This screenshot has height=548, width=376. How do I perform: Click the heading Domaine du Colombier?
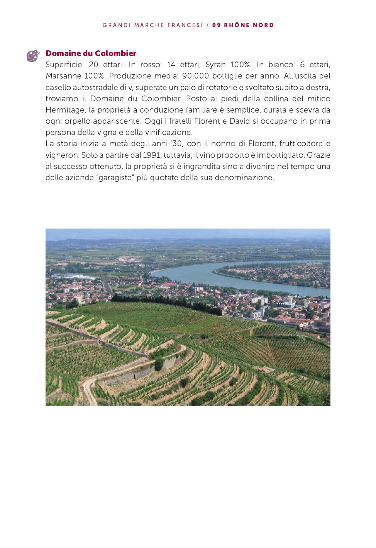(91, 53)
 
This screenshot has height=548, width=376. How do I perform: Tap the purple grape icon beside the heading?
(33, 55)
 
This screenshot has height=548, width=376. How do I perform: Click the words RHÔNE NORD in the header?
(249, 25)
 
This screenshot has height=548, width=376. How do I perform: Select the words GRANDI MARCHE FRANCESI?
(153, 25)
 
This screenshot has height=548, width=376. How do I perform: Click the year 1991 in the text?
(152, 155)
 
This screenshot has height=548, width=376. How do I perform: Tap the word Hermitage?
(65, 110)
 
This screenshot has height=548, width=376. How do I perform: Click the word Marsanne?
(63, 76)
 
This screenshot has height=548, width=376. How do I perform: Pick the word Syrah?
(215, 65)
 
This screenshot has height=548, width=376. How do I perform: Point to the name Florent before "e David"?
(207, 121)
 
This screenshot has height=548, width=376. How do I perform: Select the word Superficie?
(64, 65)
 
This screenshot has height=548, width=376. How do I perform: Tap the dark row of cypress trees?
(166, 302)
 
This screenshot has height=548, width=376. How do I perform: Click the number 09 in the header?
(217, 25)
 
